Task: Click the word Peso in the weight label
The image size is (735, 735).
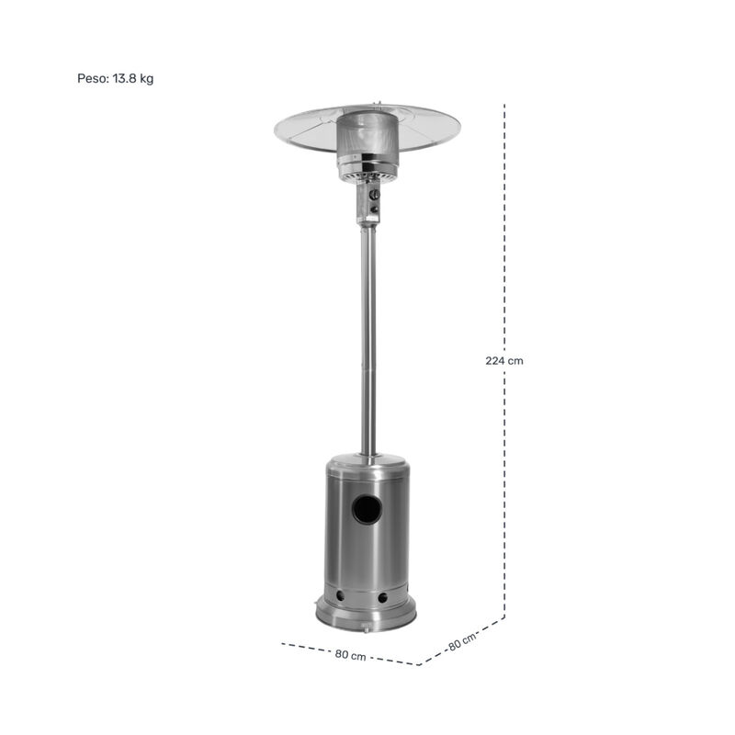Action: coord(92,79)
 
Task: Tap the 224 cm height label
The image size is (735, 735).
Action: coord(504,361)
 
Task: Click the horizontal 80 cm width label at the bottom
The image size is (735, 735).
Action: coord(351,655)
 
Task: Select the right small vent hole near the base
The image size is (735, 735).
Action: coord(380,599)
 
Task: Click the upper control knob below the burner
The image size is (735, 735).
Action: coord(374,195)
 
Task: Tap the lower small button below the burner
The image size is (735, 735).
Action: coord(374,210)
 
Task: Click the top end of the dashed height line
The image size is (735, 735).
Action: coord(504,107)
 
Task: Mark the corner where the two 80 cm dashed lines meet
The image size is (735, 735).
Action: coord(418,664)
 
